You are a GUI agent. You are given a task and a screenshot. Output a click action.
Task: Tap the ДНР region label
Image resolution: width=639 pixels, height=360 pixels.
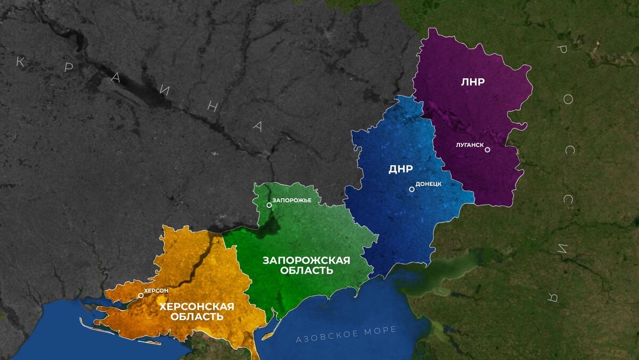pos(400,170)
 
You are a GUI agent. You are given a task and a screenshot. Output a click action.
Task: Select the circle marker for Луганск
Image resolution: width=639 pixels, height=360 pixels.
pos(487,150)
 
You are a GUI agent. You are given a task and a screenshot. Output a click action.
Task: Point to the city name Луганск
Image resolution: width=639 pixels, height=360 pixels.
pos(469,144)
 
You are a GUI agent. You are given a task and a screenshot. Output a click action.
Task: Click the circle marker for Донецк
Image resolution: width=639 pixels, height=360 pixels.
pos(412,189)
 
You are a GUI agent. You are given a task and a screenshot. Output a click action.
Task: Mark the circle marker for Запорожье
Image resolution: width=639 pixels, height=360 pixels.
pos(269,205)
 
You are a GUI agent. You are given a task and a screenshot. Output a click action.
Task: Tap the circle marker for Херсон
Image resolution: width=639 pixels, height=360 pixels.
pos(141,295)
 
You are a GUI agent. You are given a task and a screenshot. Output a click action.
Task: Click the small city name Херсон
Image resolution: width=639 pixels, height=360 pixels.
pos(156,290)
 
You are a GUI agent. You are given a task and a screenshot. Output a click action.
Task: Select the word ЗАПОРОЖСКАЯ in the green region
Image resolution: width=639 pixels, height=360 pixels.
pos(306,260)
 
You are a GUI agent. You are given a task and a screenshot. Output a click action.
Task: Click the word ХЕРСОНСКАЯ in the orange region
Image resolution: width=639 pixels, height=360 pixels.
pos(196,306)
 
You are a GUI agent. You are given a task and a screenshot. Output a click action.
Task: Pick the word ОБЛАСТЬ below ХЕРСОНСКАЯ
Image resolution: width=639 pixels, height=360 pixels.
pos(196,317)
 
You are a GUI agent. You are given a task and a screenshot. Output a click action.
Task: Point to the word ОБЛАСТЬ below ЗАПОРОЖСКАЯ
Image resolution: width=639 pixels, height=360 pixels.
pos(306,271)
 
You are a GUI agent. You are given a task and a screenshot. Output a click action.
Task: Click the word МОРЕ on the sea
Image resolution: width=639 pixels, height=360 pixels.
pos(380,330)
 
